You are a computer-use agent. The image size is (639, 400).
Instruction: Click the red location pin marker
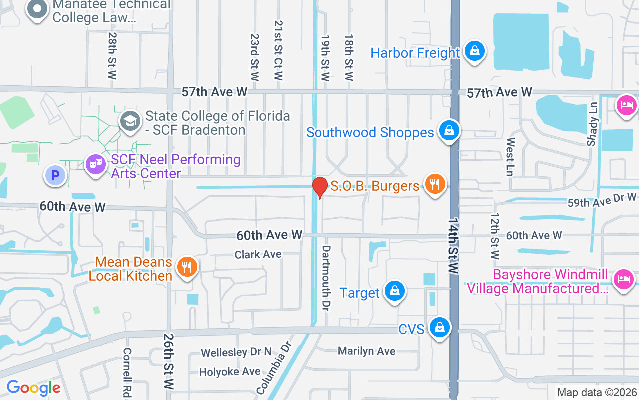click(x=319, y=187)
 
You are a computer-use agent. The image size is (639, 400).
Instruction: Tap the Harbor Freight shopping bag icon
click(x=474, y=51)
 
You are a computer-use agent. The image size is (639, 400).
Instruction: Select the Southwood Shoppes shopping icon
click(x=449, y=131)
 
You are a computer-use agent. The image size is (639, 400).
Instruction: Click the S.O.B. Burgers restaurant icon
click(x=435, y=184)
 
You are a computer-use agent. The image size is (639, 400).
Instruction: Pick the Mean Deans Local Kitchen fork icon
click(x=187, y=267)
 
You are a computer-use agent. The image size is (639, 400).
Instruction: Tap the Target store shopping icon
click(x=394, y=291)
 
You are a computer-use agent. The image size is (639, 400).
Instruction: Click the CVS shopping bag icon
click(x=439, y=327)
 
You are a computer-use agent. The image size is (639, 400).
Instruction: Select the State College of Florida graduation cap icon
click(x=130, y=121)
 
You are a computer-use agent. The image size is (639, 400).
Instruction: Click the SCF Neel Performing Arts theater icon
click(x=95, y=164)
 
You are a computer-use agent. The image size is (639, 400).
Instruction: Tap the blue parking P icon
click(x=55, y=175)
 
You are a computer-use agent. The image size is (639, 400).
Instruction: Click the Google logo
click(x=33, y=388)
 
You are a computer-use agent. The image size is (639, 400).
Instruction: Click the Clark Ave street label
click(x=258, y=254)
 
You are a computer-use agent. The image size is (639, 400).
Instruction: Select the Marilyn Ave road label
click(x=367, y=351)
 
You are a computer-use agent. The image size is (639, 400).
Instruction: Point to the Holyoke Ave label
click(x=230, y=372)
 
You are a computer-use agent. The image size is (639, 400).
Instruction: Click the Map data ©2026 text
click(x=597, y=393)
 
